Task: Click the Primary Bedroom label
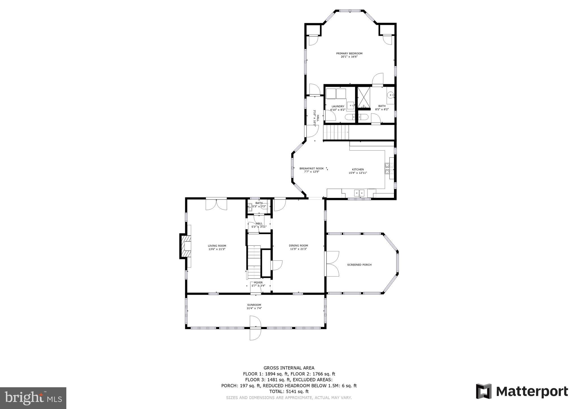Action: click(x=349, y=53)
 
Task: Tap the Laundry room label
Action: click(x=338, y=106)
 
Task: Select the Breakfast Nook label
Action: click(x=312, y=168)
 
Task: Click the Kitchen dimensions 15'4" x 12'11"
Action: click(x=358, y=173)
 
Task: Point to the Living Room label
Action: click(x=217, y=246)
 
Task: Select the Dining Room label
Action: click(x=298, y=245)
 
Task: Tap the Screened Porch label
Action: click(x=359, y=265)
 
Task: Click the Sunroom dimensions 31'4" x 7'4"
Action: click(x=254, y=308)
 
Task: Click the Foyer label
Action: click(x=258, y=282)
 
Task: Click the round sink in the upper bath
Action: click(x=391, y=95)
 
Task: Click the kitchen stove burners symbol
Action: click(x=387, y=169)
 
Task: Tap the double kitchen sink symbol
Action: click(x=359, y=193)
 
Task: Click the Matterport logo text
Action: click(x=532, y=391)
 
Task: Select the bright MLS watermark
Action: click(x=33, y=398)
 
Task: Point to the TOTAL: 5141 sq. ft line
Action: click(x=289, y=391)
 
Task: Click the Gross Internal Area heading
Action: click(x=289, y=368)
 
